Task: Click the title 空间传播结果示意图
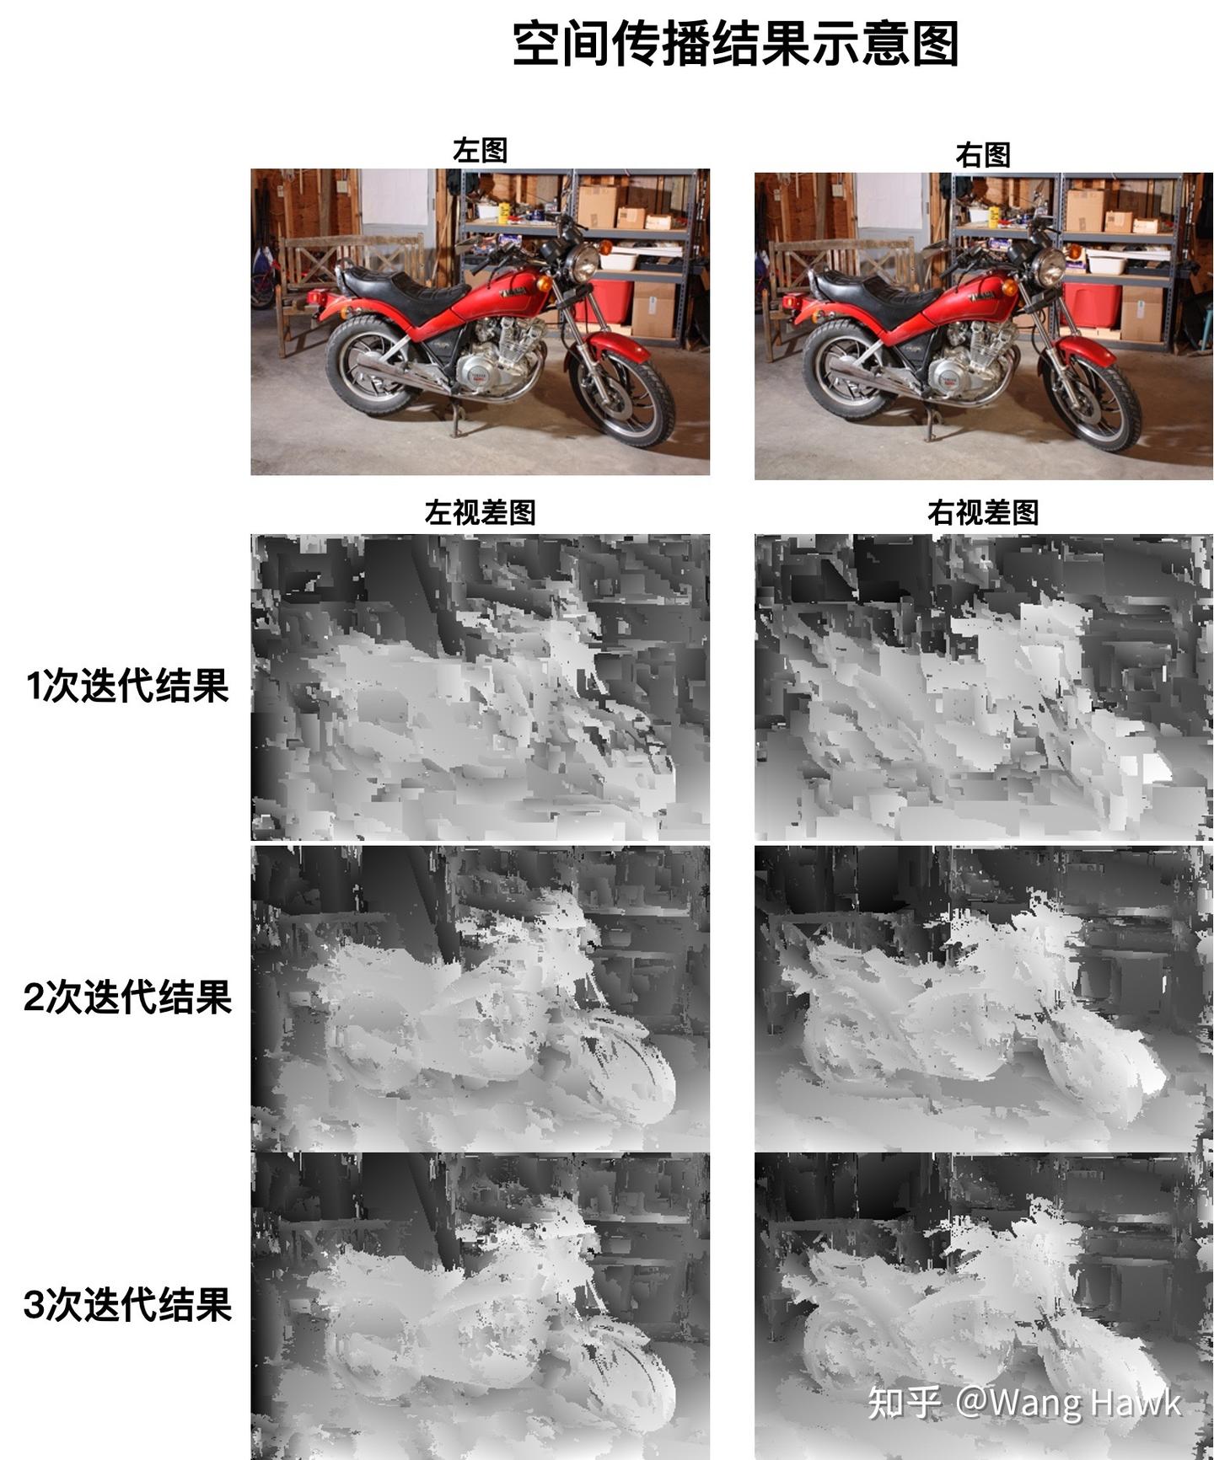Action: click(x=735, y=44)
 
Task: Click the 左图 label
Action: click(x=480, y=151)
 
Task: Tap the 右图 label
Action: click(x=982, y=155)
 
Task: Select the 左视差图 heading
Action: click(x=480, y=512)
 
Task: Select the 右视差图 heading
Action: click(x=982, y=512)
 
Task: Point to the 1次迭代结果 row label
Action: click(x=127, y=686)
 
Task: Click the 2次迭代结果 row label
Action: click(x=127, y=997)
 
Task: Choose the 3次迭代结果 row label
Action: click(x=127, y=1305)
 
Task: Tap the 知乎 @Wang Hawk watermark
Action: click(x=1023, y=1403)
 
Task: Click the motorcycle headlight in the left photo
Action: click(x=583, y=264)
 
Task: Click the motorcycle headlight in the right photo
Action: click(x=1050, y=268)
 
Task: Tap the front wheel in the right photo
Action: click(x=1093, y=403)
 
